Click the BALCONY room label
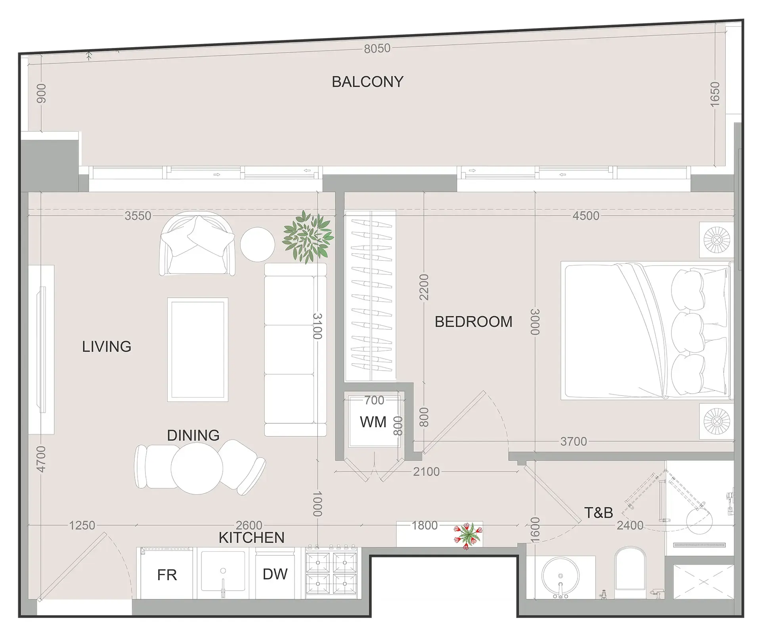pos(367,82)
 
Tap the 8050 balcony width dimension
pos(377,48)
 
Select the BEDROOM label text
pos(474,321)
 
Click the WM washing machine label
pos(373,422)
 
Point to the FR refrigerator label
pos(167,575)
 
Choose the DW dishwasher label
pos(275,574)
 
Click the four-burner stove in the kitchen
pos(331,573)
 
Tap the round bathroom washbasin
pos(560,576)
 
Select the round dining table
pos(197,468)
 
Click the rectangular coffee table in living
pos(198,349)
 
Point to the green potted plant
pos(308,237)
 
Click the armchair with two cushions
pos(197,243)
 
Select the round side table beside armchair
pos(257,244)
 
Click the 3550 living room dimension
pos(138,216)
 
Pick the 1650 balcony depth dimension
pos(714,94)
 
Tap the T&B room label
pos(598,513)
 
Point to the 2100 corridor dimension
pos(426,471)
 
